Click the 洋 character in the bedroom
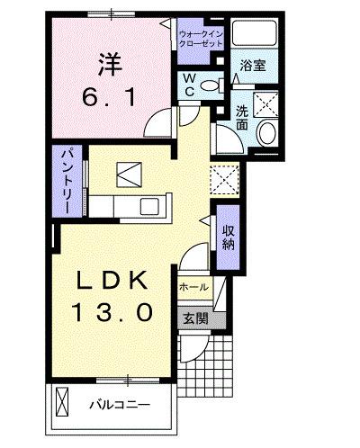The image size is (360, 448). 109,65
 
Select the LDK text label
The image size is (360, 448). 110,282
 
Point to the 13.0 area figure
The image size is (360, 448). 110,313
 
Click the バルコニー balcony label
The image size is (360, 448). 118,404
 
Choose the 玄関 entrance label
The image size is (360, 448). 195,318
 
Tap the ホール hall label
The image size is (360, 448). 193,287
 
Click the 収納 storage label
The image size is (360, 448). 229,236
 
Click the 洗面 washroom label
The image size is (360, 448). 242,119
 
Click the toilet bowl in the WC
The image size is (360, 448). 210,86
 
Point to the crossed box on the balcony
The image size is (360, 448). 63,399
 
